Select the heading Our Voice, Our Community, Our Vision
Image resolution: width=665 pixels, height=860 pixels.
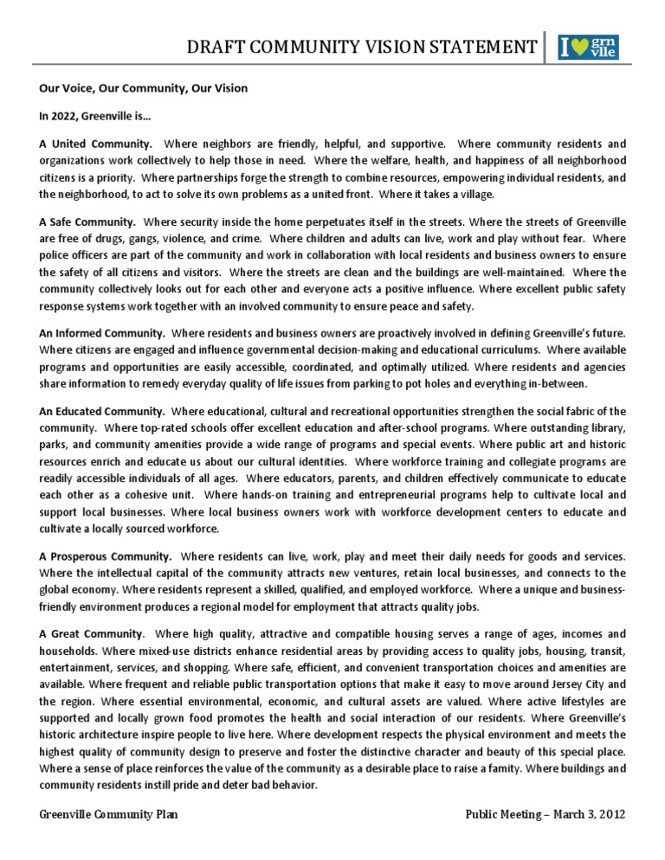tap(143, 87)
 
